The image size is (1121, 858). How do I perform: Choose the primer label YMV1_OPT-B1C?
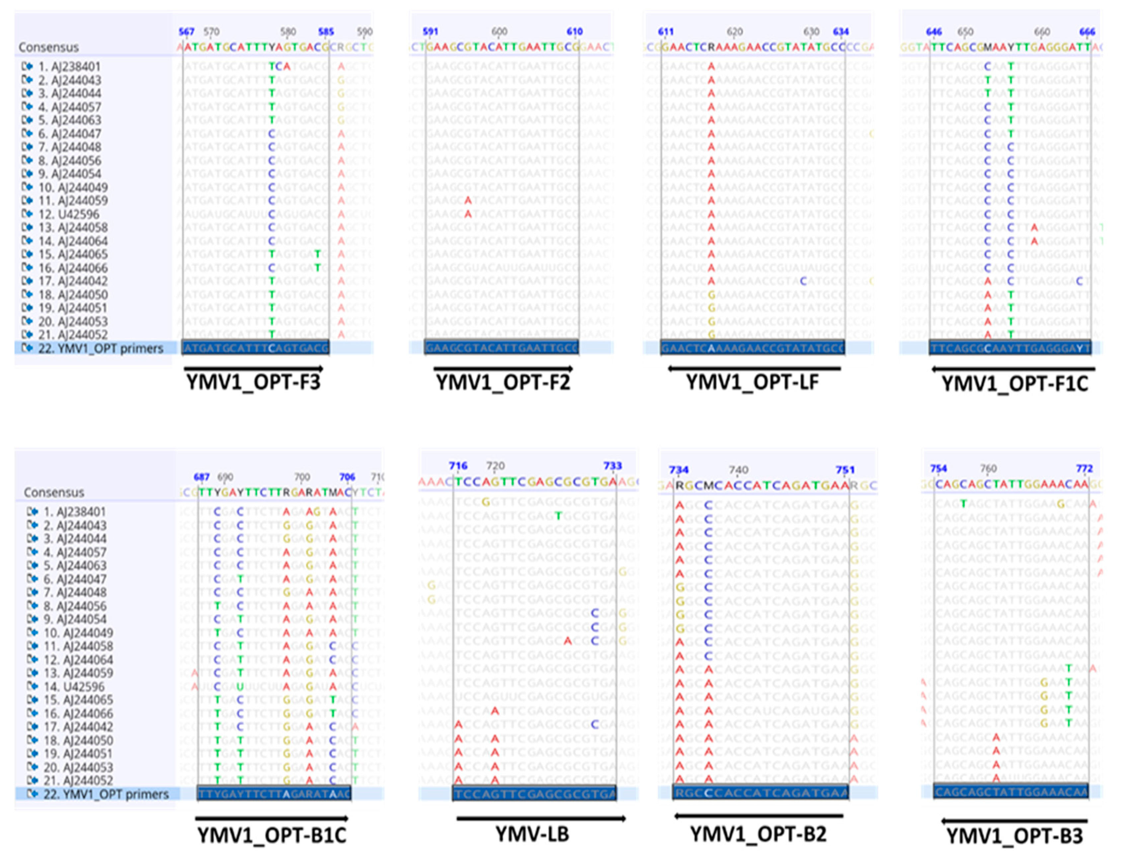click(x=272, y=835)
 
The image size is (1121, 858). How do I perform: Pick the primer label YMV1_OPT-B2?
click(x=758, y=834)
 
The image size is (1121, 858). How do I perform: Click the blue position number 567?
click(x=186, y=32)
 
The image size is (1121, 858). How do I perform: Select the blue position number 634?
click(x=841, y=32)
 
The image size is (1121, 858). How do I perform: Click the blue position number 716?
click(x=458, y=466)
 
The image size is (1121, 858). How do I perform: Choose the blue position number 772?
click(x=1084, y=468)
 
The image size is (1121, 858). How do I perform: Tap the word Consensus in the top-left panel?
click(x=48, y=47)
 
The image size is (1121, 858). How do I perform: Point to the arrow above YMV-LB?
click(x=541, y=819)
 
